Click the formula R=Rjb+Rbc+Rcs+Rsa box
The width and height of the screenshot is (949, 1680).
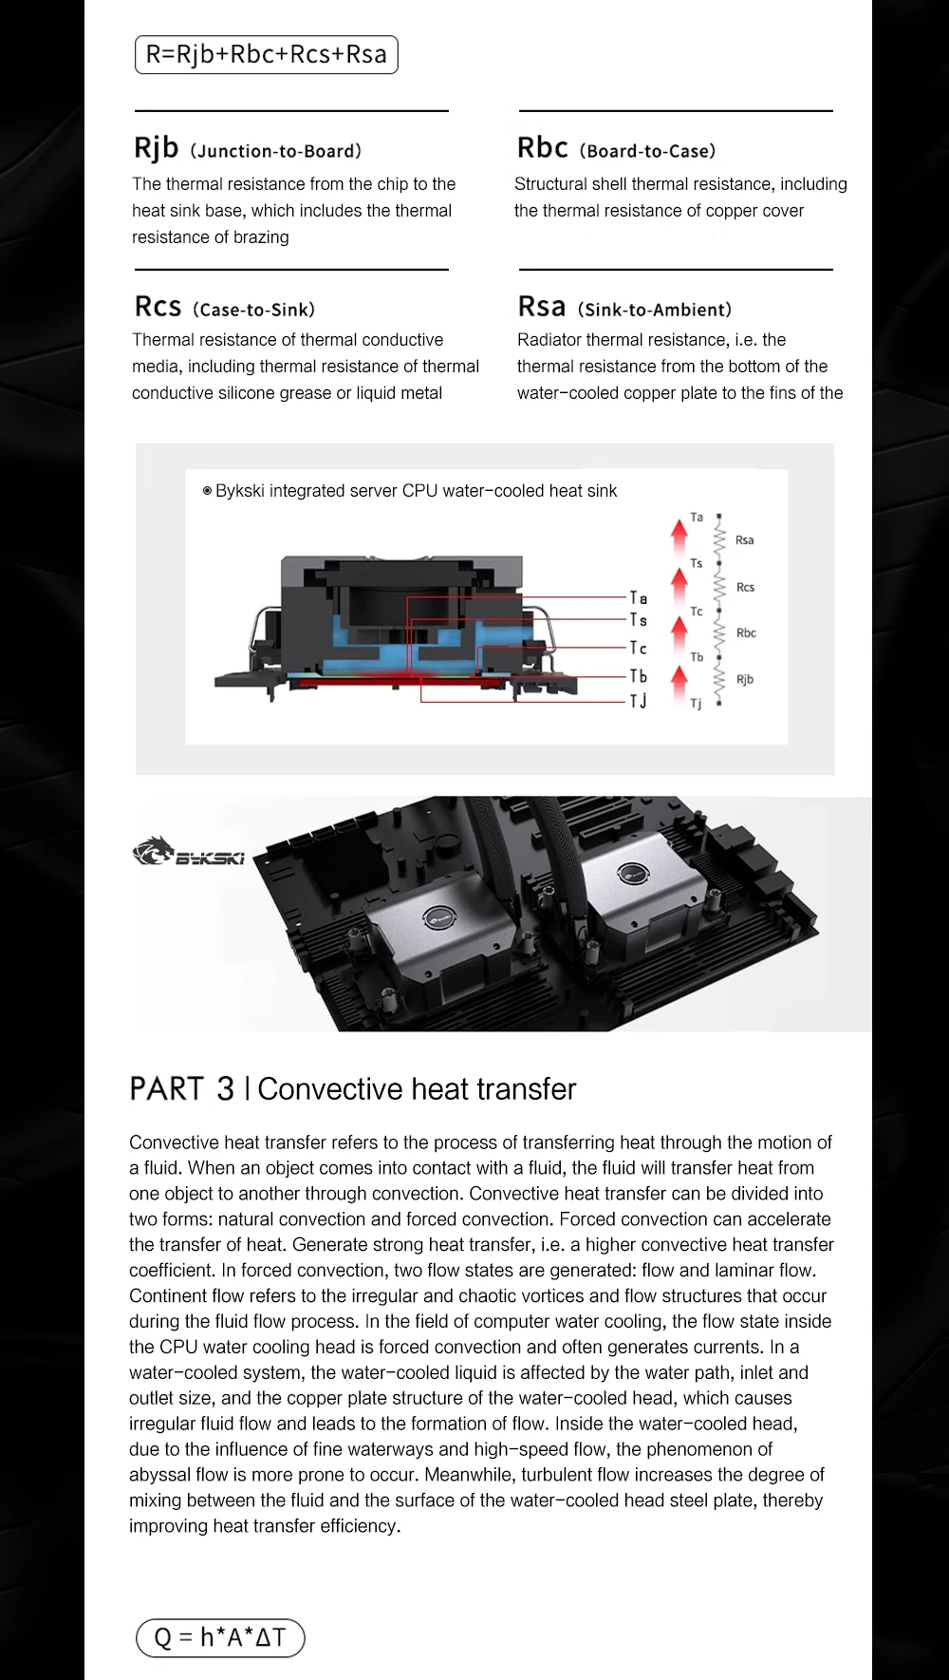[266, 55]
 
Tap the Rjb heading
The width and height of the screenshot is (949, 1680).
[157, 148]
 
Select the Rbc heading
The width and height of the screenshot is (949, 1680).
[542, 148]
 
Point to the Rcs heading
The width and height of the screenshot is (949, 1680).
[158, 307]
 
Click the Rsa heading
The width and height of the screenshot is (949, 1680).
[542, 307]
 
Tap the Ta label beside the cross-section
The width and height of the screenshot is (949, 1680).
[639, 598]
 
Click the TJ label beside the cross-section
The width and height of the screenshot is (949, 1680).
[639, 701]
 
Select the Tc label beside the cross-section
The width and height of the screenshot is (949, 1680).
[639, 649]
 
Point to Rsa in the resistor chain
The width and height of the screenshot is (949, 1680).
[744, 540]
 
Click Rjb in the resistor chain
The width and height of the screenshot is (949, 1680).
[745, 679]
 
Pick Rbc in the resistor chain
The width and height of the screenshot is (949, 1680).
[746, 632]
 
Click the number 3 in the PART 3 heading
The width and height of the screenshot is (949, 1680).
[225, 1089]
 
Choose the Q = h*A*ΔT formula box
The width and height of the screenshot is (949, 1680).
[220, 1637]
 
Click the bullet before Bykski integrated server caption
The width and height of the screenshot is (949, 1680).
[207, 491]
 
